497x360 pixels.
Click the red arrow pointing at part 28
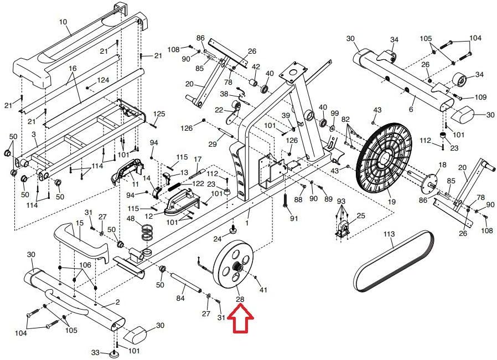pos(241,320)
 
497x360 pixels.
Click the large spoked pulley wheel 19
pos(384,158)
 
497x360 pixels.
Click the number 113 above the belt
pos(389,234)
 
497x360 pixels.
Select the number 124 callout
pos(103,80)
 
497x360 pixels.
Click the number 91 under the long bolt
pos(294,218)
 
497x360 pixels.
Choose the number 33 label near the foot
pos(95,352)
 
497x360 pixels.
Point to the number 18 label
pos(442,166)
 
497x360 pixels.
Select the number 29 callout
pos(212,144)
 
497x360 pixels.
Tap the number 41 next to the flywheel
pos(263,289)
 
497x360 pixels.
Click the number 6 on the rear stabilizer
pos(411,110)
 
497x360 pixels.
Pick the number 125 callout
pos(159,114)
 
